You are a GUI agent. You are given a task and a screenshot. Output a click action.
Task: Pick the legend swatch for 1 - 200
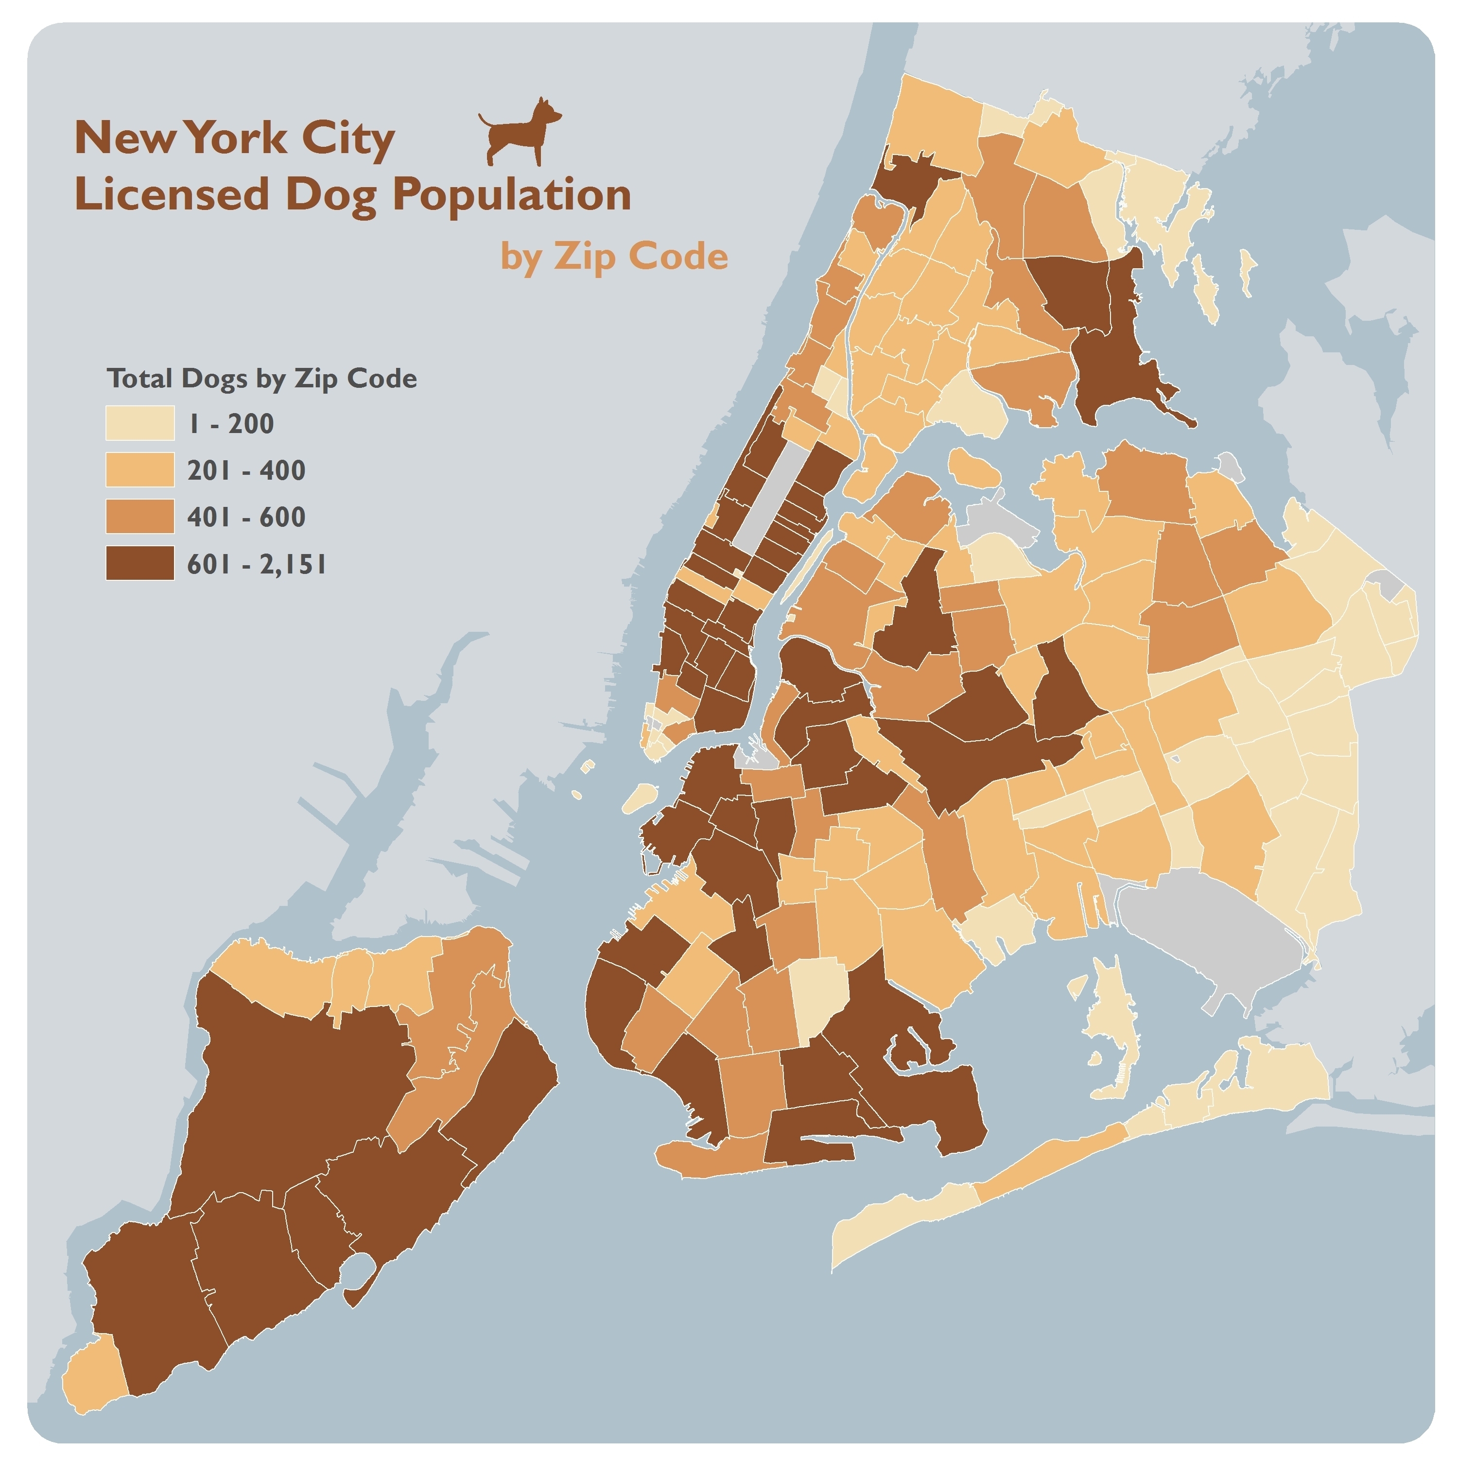[x=139, y=423]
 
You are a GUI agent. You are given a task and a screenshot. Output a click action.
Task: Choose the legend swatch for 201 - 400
[x=139, y=469]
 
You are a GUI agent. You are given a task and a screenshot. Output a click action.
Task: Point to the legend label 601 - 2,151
[x=257, y=564]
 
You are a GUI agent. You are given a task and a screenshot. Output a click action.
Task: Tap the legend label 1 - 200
[x=230, y=423]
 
